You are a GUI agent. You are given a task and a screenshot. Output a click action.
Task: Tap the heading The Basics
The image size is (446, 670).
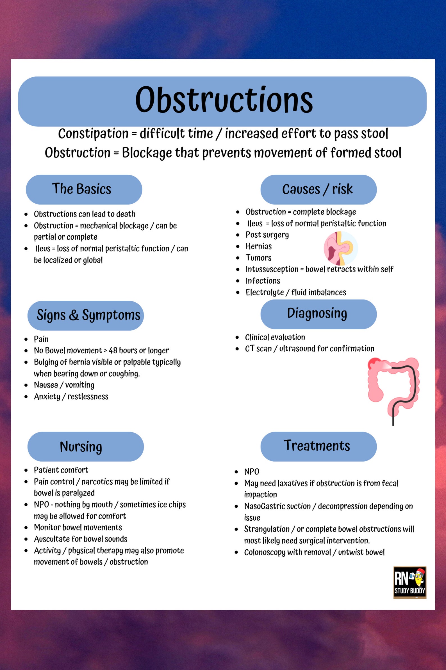82,189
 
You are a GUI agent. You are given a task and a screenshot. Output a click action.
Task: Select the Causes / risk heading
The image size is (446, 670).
317,189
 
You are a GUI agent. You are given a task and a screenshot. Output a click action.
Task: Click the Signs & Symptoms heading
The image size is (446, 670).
88,315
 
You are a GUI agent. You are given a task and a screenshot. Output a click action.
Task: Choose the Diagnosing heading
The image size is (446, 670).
317,313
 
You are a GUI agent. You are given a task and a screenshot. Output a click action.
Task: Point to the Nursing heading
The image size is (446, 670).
81,446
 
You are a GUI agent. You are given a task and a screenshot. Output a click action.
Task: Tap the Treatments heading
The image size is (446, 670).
317,446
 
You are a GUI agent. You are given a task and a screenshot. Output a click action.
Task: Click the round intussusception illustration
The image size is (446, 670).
340,248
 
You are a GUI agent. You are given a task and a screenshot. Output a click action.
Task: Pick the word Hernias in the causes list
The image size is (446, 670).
259,246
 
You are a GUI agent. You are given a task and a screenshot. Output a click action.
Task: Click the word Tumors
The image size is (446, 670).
258,258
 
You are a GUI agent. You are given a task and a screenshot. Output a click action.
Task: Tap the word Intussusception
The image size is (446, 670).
272,269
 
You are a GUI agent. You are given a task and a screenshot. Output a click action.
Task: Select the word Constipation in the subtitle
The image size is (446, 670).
93,134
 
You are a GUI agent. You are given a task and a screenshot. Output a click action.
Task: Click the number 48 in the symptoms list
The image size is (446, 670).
113,350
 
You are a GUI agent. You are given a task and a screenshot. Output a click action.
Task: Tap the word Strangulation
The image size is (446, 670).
267,529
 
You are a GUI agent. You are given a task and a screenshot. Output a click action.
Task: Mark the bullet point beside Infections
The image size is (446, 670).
238,281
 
